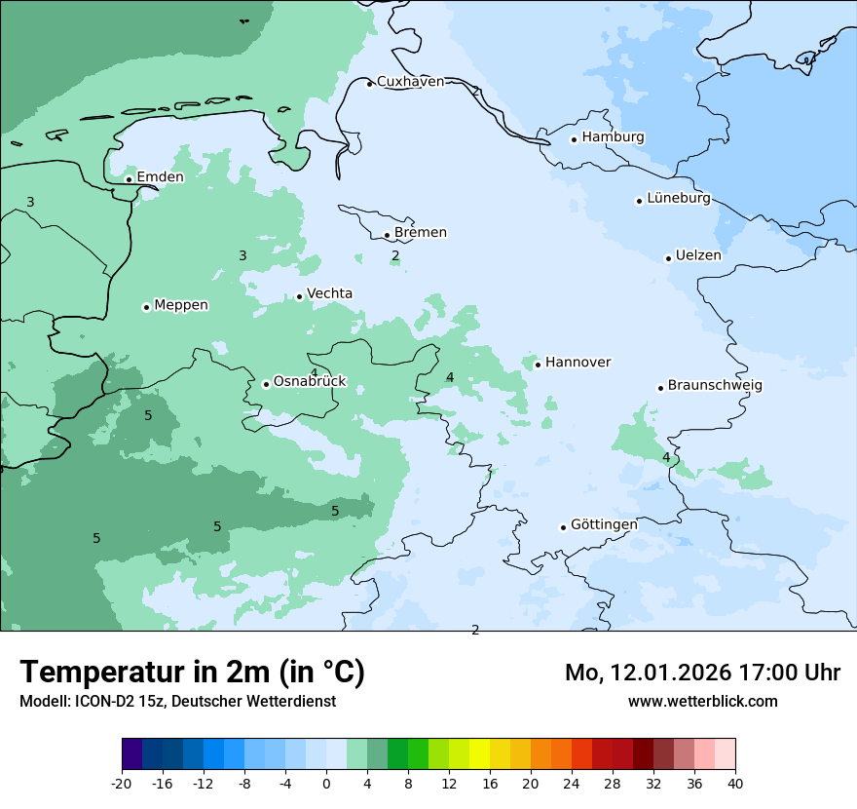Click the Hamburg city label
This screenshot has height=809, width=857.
click(613, 137)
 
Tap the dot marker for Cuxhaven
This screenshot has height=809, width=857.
click(369, 84)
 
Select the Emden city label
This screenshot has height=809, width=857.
click(160, 177)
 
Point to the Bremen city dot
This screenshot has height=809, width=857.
click(387, 235)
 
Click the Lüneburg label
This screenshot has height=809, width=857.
click(679, 199)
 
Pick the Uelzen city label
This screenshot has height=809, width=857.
click(698, 255)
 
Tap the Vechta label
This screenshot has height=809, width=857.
click(329, 293)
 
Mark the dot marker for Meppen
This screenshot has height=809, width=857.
click(146, 307)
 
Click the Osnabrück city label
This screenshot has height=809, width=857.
click(310, 382)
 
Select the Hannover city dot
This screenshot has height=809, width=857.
click(538, 365)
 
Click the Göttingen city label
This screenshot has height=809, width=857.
click(604, 525)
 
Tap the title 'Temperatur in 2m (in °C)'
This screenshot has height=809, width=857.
click(192, 673)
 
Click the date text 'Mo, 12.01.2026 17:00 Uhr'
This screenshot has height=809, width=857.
click(702, 673)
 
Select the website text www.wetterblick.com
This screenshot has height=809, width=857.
click(702, 702)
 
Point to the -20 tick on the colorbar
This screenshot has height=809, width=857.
click(122, 783)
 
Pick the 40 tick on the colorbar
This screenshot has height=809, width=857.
click(735, 783)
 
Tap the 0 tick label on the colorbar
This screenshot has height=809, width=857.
click(326, 783)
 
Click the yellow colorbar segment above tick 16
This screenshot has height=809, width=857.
click(479, 754)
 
